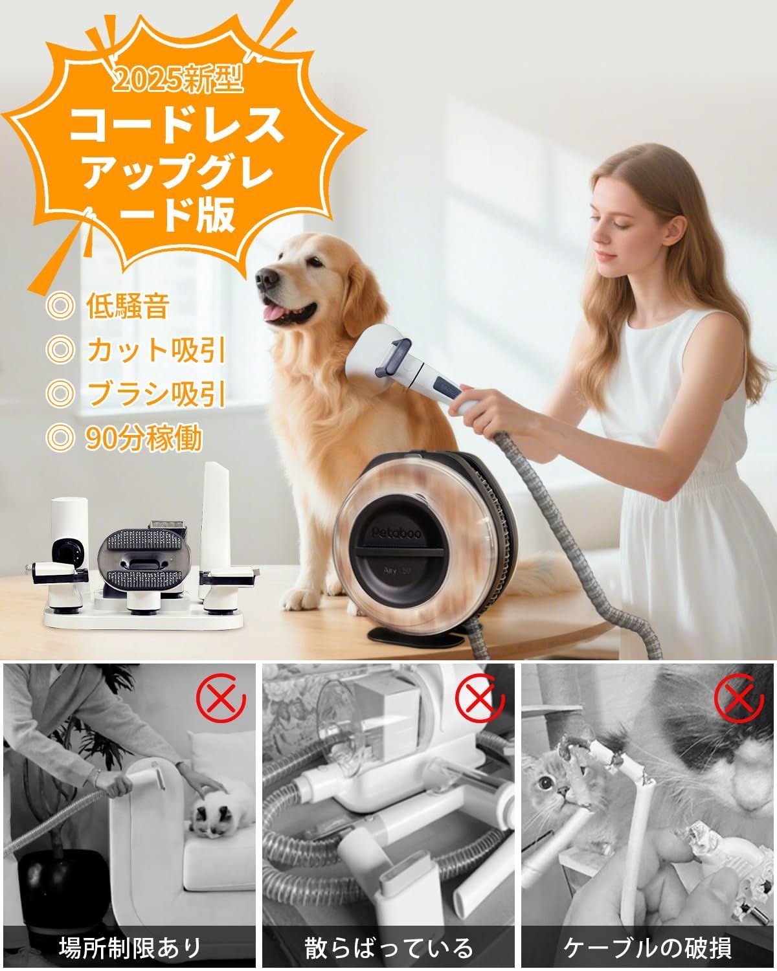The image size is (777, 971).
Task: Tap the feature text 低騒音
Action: tap(127, 307)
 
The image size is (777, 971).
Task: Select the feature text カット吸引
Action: tap(155, 350)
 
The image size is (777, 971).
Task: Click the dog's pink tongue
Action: tap(277, 315)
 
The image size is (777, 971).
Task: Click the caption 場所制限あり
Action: tap(129, 948)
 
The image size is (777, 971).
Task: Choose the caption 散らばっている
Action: tap(389, 948)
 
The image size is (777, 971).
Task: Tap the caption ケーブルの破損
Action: tap(647, 948)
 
